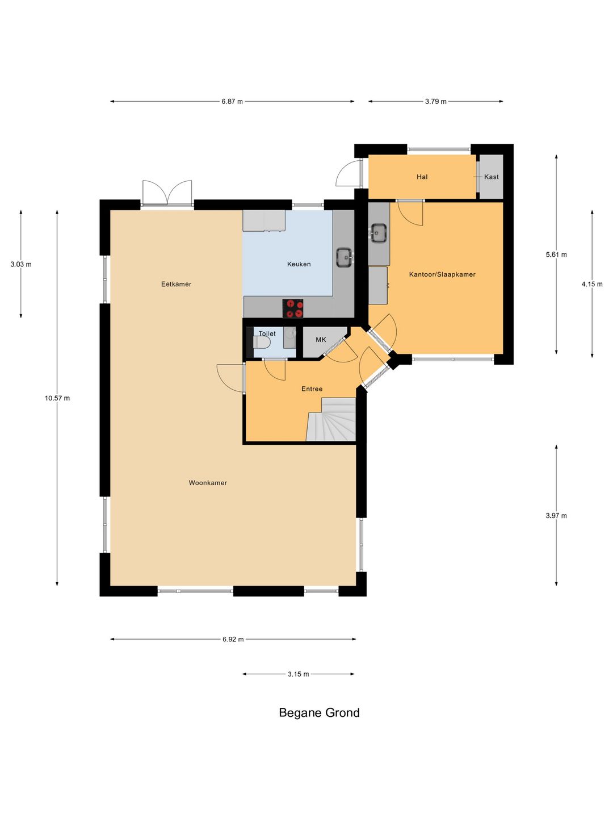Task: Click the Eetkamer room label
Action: tap(176, 284)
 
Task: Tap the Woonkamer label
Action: tap(208, 483)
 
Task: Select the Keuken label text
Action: tap(299, 264)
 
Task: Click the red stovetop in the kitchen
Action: tap(292, 308)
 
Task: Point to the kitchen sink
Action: tap(345, 257)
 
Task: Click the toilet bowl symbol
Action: tap(262, 343)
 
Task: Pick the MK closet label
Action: tap(321, 339)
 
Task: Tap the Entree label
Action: tap(312, 389)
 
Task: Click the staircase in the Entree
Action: tap(331, 419)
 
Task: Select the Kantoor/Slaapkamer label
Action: tap(442, 274)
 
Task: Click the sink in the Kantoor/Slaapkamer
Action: tap(379, 233)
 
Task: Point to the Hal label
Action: tap(422, 177)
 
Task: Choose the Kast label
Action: tap(492, 177)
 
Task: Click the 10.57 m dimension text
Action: tap(57, 398)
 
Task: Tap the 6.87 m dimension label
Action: tap(232, 101)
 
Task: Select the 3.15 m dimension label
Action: tap(298, 674)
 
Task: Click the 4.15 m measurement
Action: tap(592, 284)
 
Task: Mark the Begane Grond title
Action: tap(319, 712)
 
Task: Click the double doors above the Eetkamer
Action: tap(167, 193)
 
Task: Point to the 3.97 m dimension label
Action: tap(556, 516)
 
